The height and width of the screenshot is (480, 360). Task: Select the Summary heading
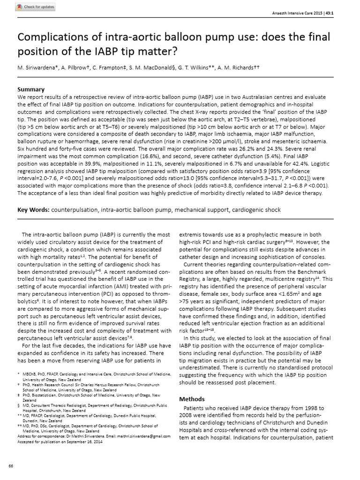point(31,89)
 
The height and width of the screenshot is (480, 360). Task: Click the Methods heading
point(192,399)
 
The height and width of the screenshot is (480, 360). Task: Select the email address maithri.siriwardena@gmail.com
point(143,435)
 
